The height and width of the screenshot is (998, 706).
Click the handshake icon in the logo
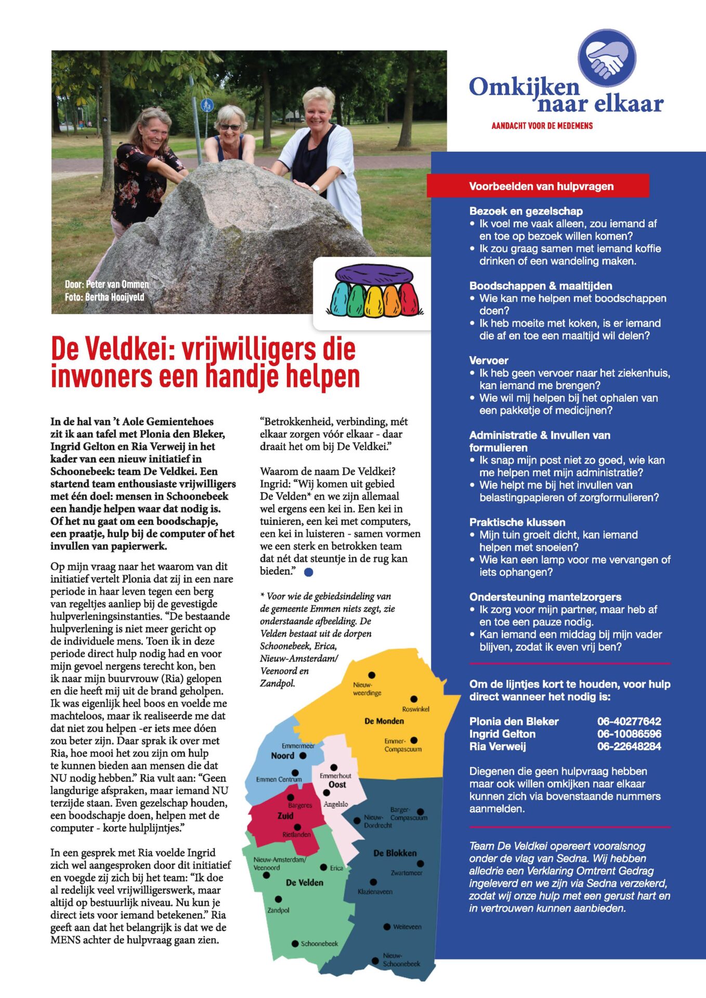point(607,57)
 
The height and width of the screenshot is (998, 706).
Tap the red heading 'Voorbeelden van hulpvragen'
point(541,186)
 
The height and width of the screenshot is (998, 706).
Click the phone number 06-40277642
point(629,721)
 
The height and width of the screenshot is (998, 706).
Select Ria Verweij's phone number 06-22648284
point(629,746)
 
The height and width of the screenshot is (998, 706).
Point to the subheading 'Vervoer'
point(489,361)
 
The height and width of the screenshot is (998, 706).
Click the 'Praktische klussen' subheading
point(517,522)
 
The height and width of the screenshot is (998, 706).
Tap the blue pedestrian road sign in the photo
point(207,106)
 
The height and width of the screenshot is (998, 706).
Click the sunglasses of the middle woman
point(230,127)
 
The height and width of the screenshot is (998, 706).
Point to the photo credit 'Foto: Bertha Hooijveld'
point(104,297)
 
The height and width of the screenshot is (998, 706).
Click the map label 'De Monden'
point(384,721)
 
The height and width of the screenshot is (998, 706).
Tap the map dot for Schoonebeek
point(295,943)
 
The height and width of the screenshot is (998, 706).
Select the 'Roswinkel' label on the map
point(415,709)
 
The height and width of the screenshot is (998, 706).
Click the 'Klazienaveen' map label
point(375,891)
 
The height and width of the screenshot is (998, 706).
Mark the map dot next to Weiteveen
point(387,927)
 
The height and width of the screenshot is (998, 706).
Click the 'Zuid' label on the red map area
point(285,816)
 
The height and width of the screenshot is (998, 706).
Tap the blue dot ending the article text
point(308,572)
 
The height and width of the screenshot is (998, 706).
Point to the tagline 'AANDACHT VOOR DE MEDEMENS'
point(542,126)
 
